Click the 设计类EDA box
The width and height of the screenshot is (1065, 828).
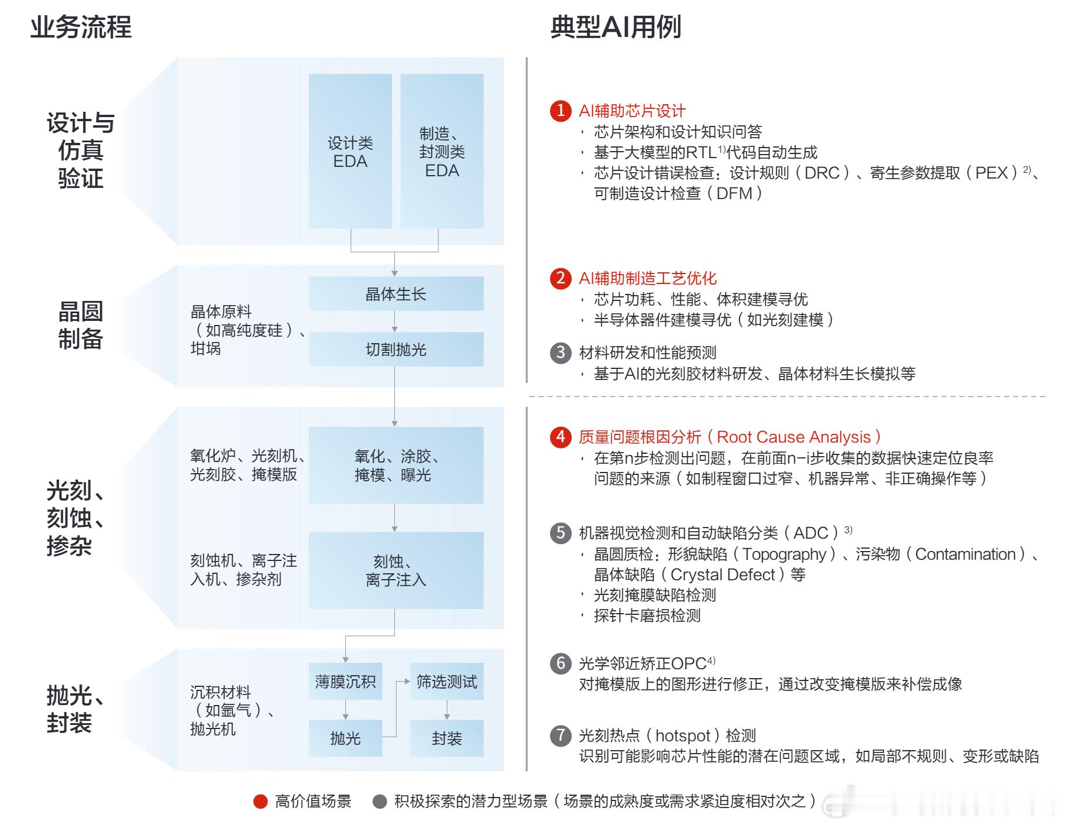point(350,151)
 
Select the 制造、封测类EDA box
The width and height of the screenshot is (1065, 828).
point(442,151)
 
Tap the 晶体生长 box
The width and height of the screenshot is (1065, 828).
point(396,294)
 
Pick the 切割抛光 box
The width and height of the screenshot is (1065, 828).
point(396,350)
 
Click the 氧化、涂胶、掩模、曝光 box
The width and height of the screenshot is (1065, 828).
point(396,465)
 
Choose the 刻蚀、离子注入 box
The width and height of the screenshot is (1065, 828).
point(396,570)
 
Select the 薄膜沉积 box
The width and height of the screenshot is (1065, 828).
point(345,681)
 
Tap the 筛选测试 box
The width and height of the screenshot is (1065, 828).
point(446,681)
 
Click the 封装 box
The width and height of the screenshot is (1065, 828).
point(446,738)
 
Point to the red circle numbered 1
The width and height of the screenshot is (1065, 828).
point(561,110)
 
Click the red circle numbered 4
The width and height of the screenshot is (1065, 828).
point(561,437)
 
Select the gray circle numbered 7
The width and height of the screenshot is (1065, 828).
point(561,735)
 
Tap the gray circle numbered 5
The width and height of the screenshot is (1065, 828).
point(561,532)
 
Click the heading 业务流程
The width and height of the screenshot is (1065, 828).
point(81,27)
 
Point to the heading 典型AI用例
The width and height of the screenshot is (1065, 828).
point(616,27)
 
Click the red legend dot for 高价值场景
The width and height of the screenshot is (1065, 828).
point(260,802)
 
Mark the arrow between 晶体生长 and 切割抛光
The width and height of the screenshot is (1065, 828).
point(395,321)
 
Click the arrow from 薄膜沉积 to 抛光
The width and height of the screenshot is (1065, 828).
point(345,710)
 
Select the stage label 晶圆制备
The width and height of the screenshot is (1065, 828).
point(81,325)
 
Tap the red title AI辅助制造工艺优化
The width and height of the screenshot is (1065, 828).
point(647,278)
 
